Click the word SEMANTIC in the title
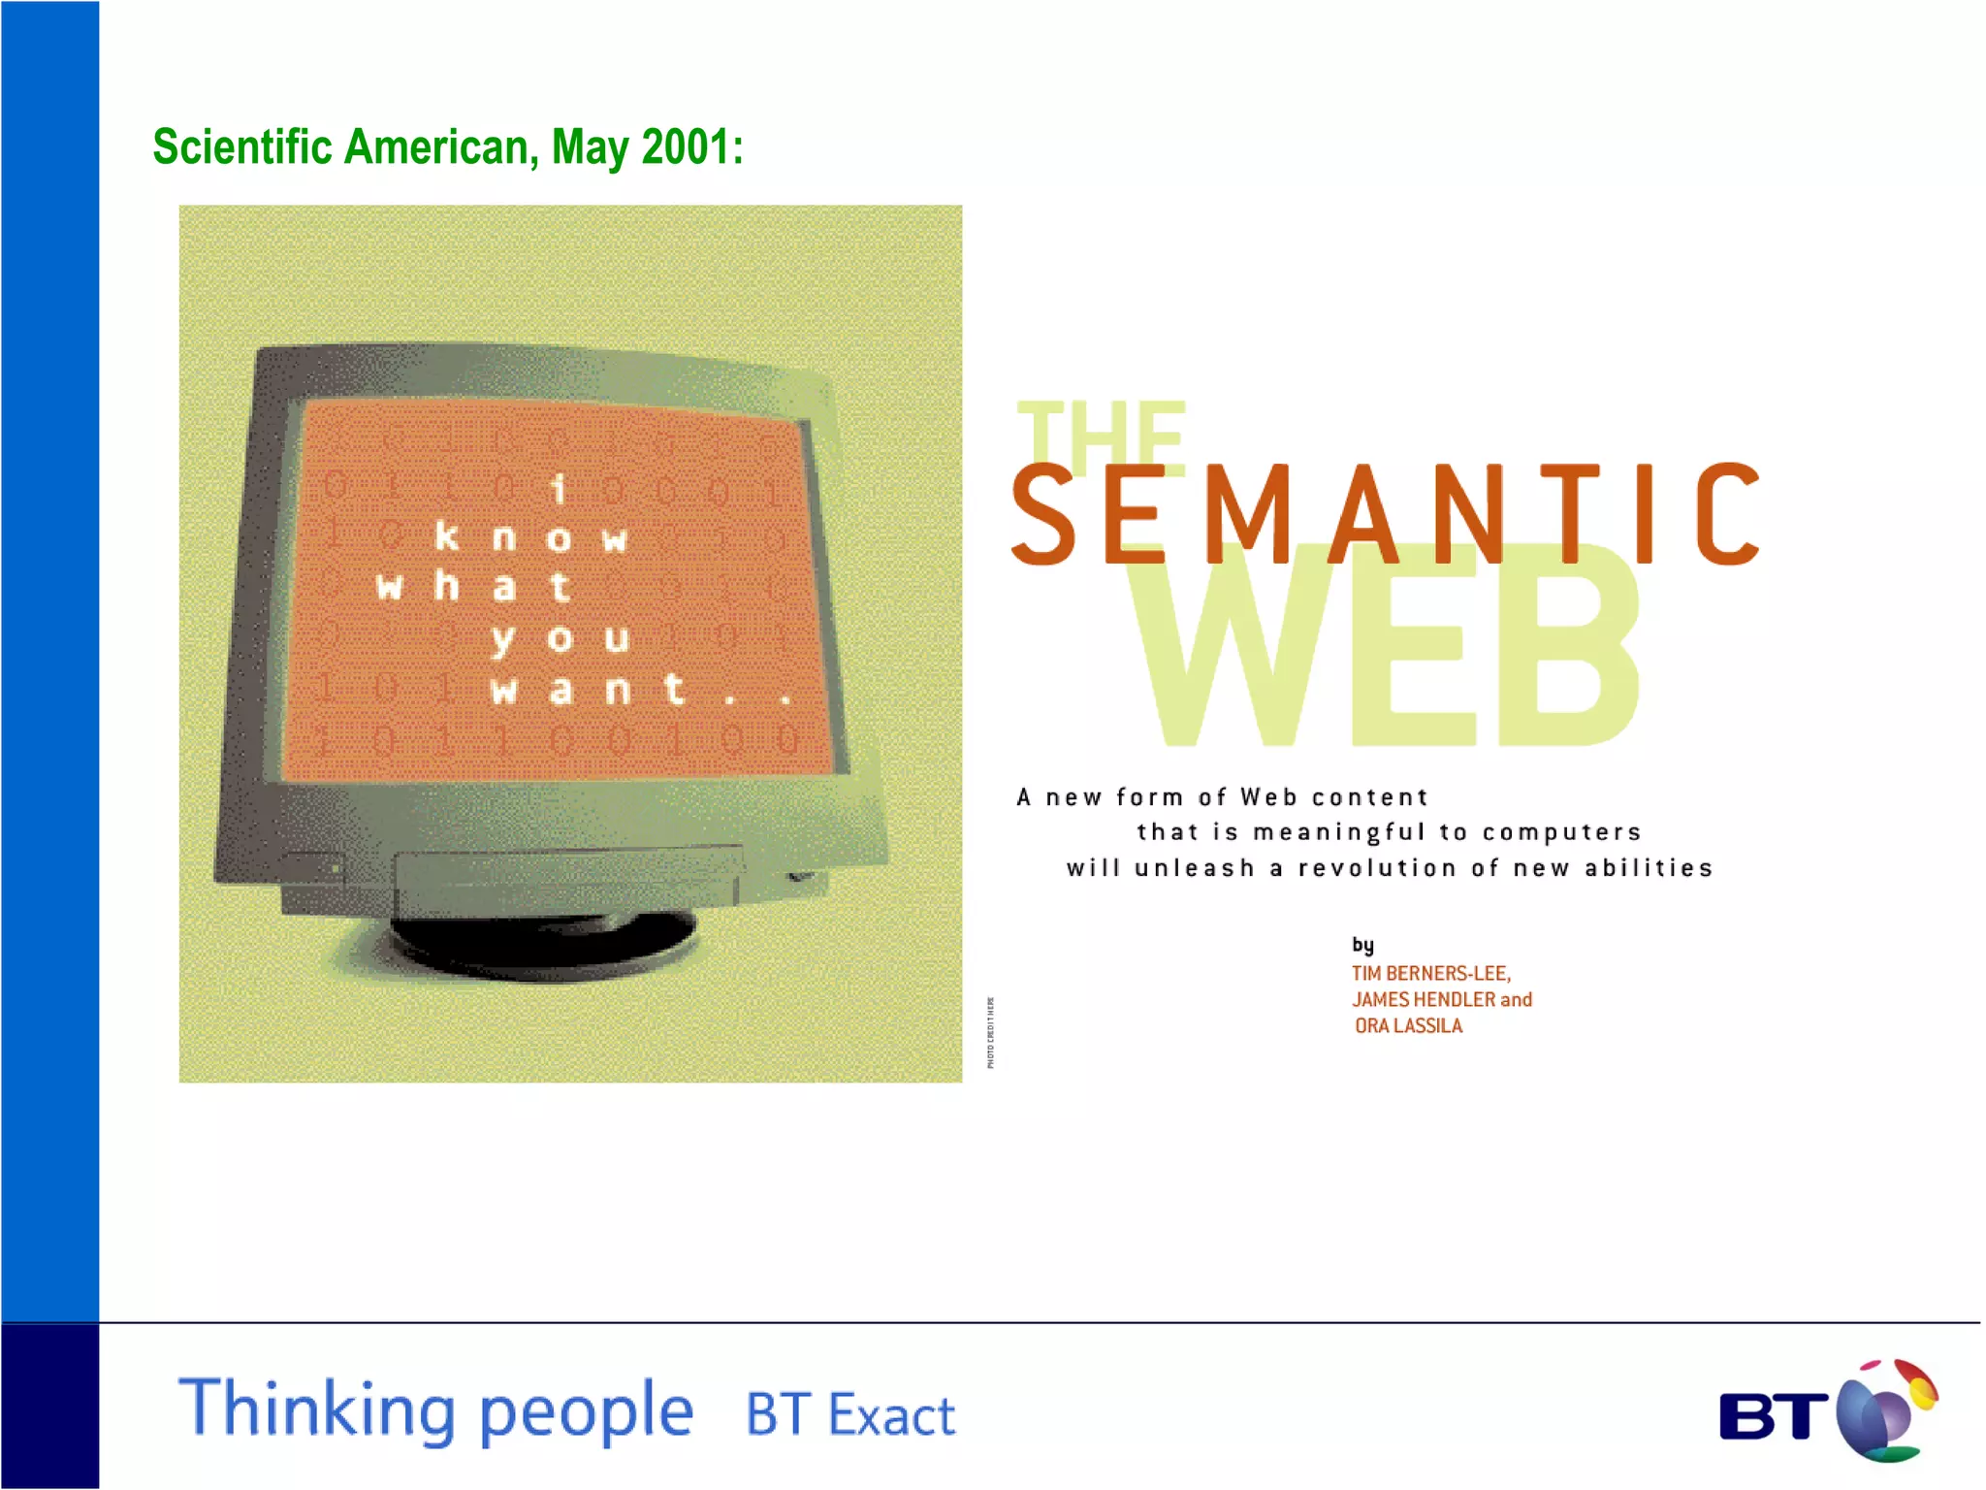pyautogui.click(x=1385, y=513)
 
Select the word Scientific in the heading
pyautogui.click(x=243, y=147)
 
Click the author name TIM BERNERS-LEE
pyautogui.click(x=1430, y=973)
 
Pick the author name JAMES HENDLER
pyautogui.click(x=1423, y=999)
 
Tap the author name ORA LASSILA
pyautogui.click(x=1408, y=1025)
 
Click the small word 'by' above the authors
pyautogui.click(x=1362, y=945)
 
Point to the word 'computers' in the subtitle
pyautogui.click(x=1561, y=832)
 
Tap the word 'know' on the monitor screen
pyautogui.click(x=530, y=536)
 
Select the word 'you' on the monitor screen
pyautogui.click(x=561, y=638)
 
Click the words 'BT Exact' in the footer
pyautogui.click(x=849, y=1414)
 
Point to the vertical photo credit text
pyautogui.click(x=990, y=1032)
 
